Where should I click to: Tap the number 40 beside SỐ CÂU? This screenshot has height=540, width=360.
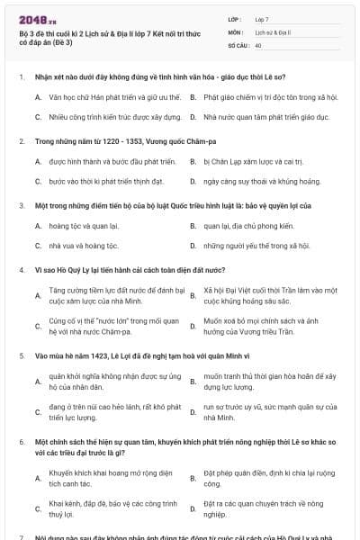click(258, 44)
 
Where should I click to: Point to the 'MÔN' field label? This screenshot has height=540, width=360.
click(236, 31)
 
